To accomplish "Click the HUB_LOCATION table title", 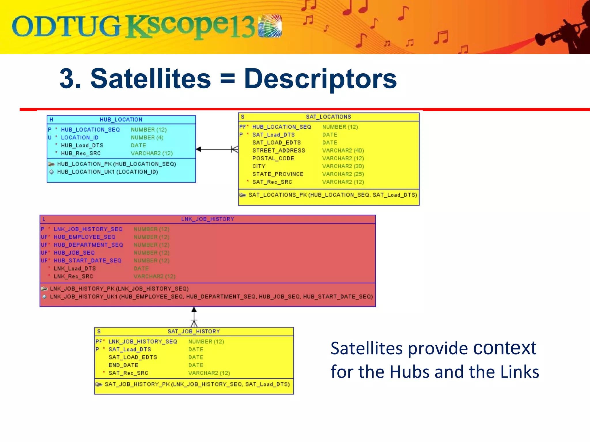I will pos(121,119).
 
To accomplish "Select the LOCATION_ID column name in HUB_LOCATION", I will pos(80,138).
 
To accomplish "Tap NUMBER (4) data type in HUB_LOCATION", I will pos(147,138).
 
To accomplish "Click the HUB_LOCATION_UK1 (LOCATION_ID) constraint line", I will pos(107,172).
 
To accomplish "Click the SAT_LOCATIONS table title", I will pos(328,117).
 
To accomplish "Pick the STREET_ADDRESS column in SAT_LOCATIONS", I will pos(278,150).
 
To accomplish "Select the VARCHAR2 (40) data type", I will pos(343,150).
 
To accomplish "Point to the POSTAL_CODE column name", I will pos(273,158).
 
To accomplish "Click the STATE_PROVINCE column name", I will pos(278,174).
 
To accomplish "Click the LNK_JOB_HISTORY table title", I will pos(207,219).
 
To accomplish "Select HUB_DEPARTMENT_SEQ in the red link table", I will pos(88,245).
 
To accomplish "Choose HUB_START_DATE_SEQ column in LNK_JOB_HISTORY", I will pos(88,260).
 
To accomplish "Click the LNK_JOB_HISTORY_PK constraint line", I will pos(119,289).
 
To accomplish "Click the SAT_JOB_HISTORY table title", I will pos(194,331).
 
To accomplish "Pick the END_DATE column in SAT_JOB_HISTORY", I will pos(123,365).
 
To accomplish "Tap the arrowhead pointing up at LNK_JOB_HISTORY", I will pos(194,310).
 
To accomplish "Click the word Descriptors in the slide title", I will pos(320,79).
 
